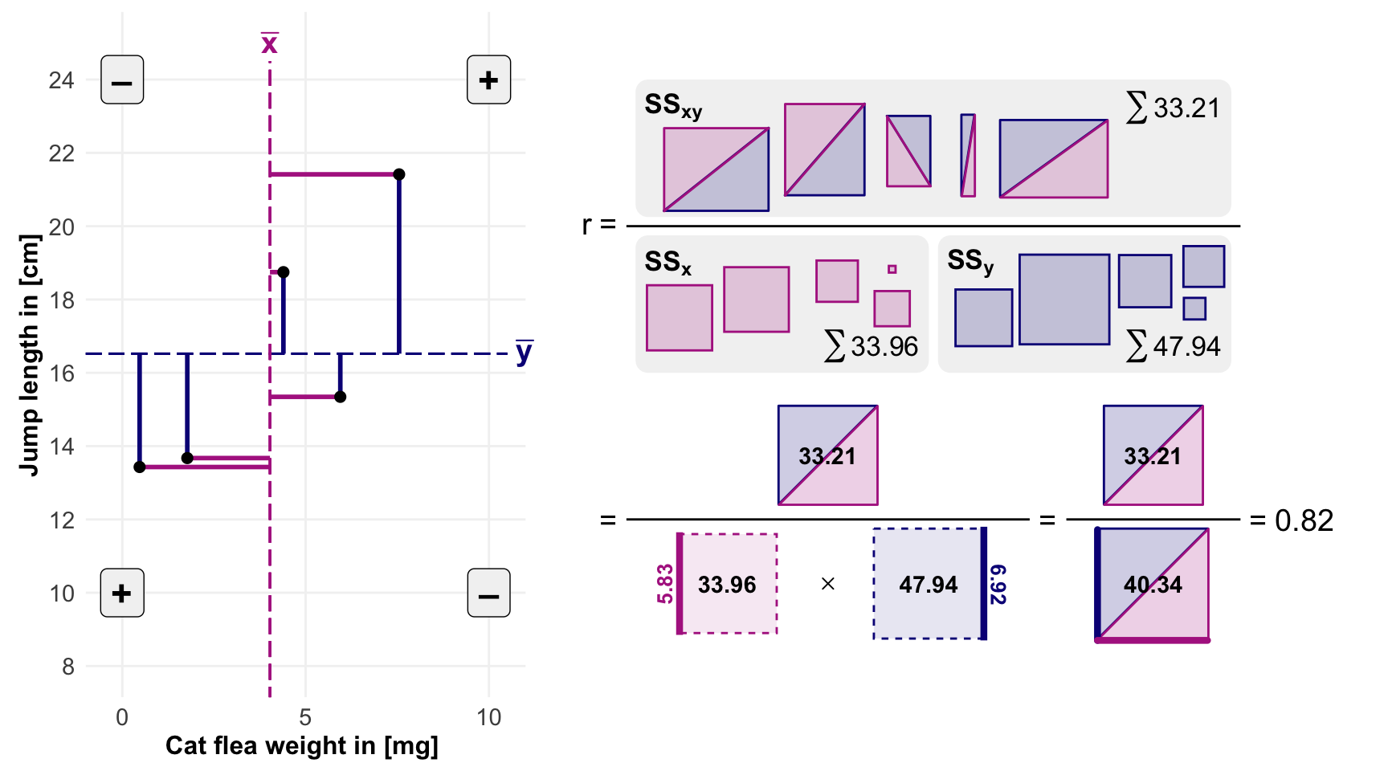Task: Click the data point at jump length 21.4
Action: (398, 174)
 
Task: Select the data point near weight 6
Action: (340, 397)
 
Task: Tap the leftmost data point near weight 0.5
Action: (140, 467)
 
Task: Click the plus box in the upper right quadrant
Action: (488, 80)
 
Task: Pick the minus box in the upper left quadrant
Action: (122, 80)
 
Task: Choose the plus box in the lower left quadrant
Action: (122, 593)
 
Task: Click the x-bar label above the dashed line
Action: (270, 43)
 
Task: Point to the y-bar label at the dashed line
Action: (524, 352)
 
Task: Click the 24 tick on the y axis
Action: (61, 80)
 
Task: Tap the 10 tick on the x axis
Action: (488, 717)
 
